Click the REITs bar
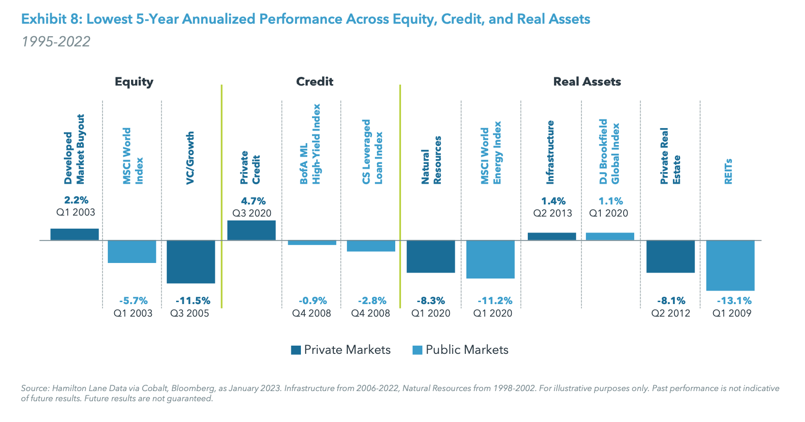tap(730, 265)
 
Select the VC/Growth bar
tap(191, 262)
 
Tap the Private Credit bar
tap(251, 230)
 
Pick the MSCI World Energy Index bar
tap(490, 259)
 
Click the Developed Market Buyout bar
tap(75, 234)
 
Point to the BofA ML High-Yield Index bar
tap(312, 243)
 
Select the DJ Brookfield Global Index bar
tap(610, 236)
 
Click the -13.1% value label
tap(733, 301)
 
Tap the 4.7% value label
tap(253, 201)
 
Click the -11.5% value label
tap(193, 301)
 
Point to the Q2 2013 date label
tap(552, 213)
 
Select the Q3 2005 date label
tap(190, 313)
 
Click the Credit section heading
tap(314, 81)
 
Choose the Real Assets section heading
tap(587, 81)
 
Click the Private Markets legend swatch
tap(296, 350)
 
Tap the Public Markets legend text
tap(467, 350)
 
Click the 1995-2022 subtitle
tap(56, 42)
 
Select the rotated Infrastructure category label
tap(550, 152)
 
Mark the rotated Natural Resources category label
tap(431, 160)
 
